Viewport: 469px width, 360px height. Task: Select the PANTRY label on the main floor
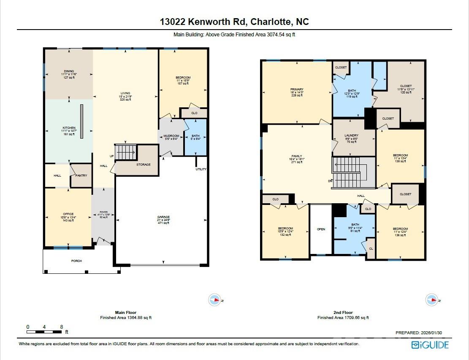pos(81,175)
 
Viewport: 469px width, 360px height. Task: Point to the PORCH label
pos(76,261)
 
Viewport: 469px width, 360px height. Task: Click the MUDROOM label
pos(171,136)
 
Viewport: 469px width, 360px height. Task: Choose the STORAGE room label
pos(143,164)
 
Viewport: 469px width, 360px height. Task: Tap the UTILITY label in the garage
pos(201,169)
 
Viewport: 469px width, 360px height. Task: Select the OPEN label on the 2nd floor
pos(321,229)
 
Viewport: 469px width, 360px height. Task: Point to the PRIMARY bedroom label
pos(297,89)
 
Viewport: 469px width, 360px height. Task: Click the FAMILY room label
pos(297,156)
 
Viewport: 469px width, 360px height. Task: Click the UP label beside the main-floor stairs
pos(112,156)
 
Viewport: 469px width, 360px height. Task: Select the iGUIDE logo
pos(430,345)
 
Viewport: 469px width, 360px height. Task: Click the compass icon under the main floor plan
pos(215,300)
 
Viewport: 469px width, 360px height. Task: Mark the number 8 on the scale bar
pos(62,327)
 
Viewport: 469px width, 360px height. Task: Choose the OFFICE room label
pos(68,214)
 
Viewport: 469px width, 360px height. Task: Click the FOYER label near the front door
pos(103,212)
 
